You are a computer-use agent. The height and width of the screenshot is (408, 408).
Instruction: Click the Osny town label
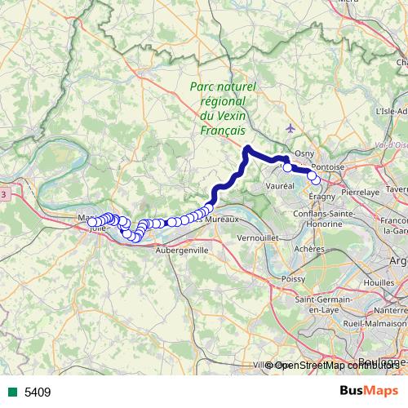click(304, 153)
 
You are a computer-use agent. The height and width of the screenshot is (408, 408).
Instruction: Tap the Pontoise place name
click(329, 166)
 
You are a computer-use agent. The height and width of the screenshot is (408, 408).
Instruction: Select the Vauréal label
click(279, 186)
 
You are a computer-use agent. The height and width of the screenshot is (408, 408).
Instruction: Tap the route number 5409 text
click(38, 392)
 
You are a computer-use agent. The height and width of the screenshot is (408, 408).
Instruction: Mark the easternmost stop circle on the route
click(316, 180)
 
